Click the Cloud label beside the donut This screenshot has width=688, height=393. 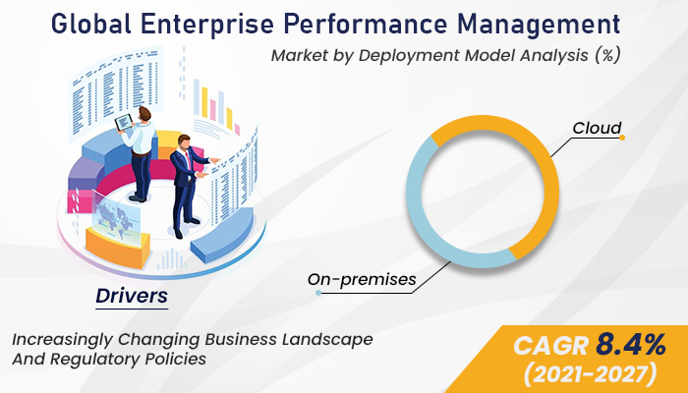tap(597, 129)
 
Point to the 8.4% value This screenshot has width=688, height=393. tap(628, 345)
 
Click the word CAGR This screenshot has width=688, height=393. tap(549, 345)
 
